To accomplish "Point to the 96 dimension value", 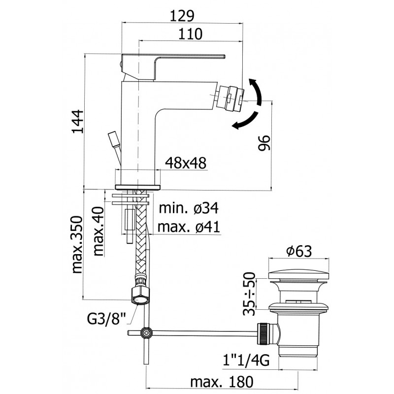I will (x=264, y=143).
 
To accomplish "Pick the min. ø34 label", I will (x=189, y=209).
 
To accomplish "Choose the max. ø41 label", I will (x=189, y=227).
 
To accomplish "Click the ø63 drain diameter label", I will (x=298, y=252).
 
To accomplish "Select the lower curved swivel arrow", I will (x=246, y=121).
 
